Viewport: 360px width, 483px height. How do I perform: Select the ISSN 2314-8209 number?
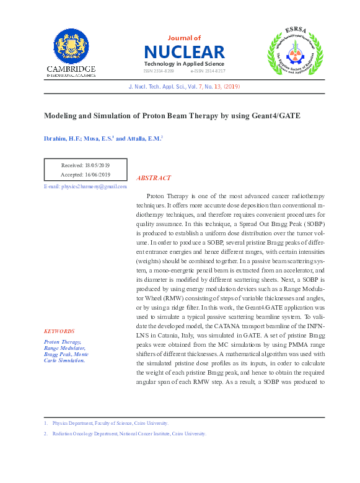159,71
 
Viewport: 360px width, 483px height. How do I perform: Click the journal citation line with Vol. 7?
183,87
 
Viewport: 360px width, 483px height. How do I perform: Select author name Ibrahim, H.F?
63,139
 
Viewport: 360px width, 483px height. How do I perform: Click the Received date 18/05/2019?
85,165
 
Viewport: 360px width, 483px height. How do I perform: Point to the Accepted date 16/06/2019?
85,175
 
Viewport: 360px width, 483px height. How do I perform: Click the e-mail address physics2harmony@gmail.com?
85,186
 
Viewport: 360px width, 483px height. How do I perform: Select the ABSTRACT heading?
153,178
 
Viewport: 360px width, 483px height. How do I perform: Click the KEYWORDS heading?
59,331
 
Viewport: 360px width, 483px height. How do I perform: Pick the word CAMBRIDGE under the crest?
71,69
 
